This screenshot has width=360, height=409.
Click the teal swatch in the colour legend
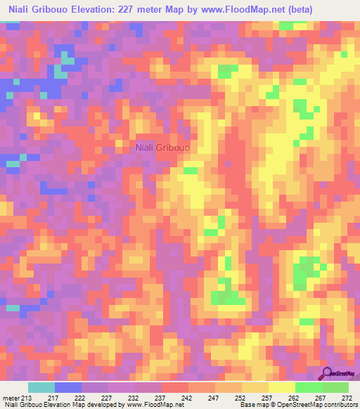41,387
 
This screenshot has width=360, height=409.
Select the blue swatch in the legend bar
68,387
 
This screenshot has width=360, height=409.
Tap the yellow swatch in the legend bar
282,387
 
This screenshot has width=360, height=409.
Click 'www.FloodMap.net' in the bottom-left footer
153,405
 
